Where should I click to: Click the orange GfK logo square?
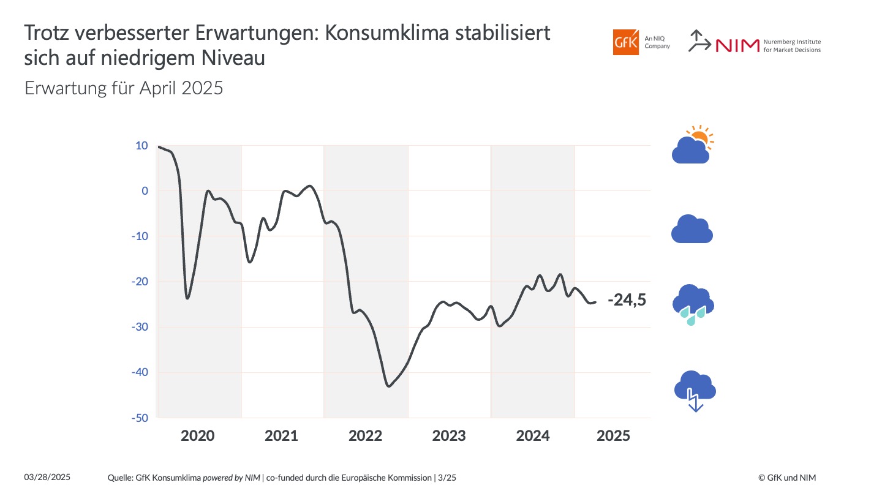coord(625,42)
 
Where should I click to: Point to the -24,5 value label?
coord(627,300)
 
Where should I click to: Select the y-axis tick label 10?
coord(141,146)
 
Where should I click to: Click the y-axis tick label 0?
coord(145,191)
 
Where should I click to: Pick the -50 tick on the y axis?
coord(139,418)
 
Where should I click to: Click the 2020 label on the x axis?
coord(198,436)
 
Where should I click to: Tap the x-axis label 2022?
coord(365,436)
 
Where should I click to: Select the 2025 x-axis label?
coord(613,436)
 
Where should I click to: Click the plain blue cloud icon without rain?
coord(692,230)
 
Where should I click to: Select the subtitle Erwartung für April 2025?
coord(124,88)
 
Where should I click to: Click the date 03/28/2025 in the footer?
coord(47,477)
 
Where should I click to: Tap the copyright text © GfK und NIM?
coord(786,478)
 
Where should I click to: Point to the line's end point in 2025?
coord(595,301)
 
